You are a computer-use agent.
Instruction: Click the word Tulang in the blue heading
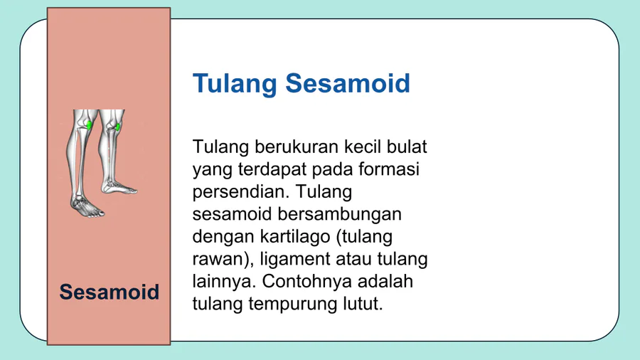coord(235,84)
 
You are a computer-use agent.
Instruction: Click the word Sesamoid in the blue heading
coord(347,83)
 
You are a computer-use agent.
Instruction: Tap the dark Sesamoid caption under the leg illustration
coord(109,292)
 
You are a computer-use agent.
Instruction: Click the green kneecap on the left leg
coord(89,125)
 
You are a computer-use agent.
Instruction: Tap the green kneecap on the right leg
coord(117,127)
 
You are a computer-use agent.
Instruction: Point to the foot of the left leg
coord(87,206)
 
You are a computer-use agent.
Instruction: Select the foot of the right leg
coord(119,187)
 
